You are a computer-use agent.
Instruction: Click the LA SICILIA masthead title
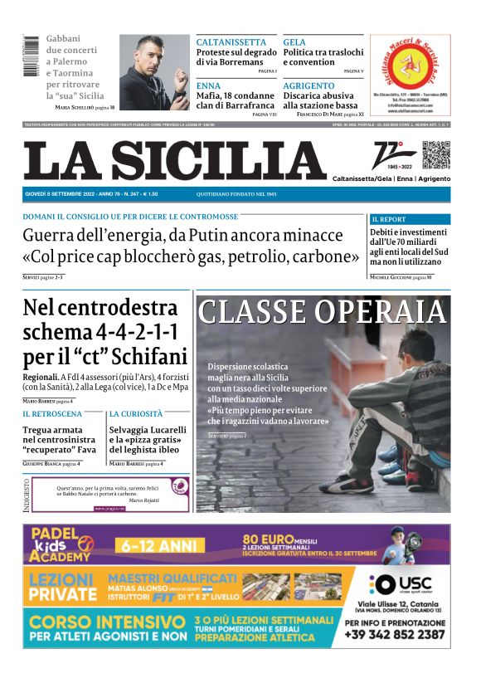click(175, 160)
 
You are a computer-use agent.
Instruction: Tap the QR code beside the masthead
click(435, 154)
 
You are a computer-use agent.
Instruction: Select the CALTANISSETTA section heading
click(231, 42)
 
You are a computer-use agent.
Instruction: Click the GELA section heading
click(294, 42)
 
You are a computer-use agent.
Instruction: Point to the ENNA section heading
click(208, 85)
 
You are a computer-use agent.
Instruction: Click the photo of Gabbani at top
click(154, 72)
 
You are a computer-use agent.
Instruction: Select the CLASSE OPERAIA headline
click(323, 312)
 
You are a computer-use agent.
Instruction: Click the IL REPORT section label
click(389, 219)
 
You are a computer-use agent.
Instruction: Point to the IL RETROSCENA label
click(52, 413)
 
